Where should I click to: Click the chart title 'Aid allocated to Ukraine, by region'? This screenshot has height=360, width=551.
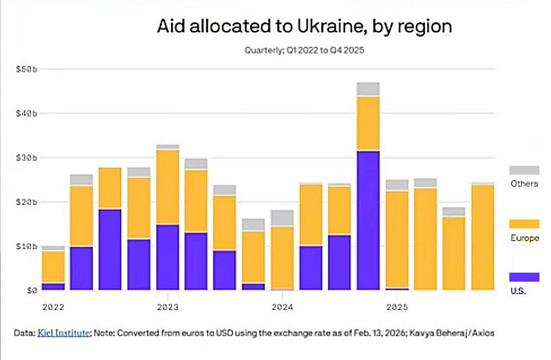coord(304,27)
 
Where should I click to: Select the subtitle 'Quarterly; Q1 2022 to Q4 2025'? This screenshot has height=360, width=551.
coord(305,50)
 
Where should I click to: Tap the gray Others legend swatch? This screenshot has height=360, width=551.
coord(524,170)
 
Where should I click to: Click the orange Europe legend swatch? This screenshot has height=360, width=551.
coord(524,224)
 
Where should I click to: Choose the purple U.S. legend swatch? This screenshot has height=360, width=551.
coord(524,277)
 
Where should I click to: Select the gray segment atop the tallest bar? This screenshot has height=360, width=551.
coord(368,89)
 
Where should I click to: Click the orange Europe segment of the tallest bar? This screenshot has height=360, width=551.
coord(368,123)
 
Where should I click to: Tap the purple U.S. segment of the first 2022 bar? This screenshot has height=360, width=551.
coord(53,286)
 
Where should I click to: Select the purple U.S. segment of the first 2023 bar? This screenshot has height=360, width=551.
coord(168,257)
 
